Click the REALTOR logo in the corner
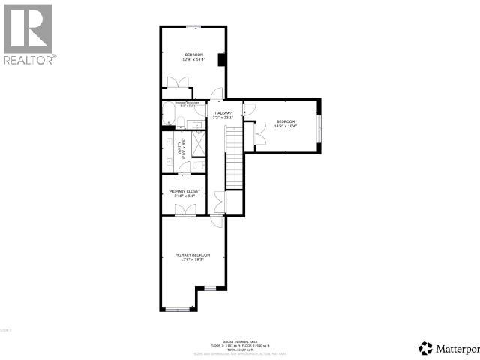click(x=28, y=34)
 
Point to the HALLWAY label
click(x=223, y=115)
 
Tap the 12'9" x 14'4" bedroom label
click(x=193, y=57)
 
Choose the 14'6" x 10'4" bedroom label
click(x=286, y=124)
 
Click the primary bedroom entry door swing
click(x=216, y=219)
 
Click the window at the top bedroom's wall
click(x=193, y=27)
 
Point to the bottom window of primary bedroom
click(x=177, y=309)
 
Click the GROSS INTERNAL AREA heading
click(x=240, y=339)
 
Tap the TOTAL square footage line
click(x=240, y=349)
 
